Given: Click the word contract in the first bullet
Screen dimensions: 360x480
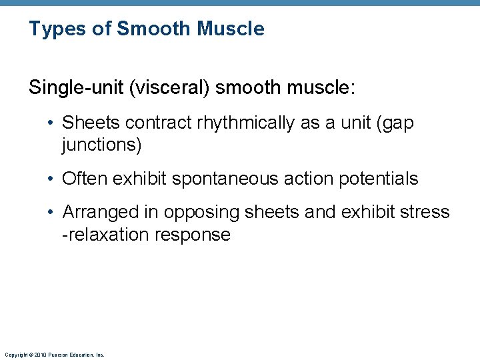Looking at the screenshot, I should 151,123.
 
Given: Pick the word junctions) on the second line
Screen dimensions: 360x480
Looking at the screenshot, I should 102,145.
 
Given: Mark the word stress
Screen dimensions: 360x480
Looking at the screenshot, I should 425,213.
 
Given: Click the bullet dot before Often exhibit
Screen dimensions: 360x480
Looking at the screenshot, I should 52,179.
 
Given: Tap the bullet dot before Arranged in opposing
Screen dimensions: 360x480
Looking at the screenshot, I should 52,213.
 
